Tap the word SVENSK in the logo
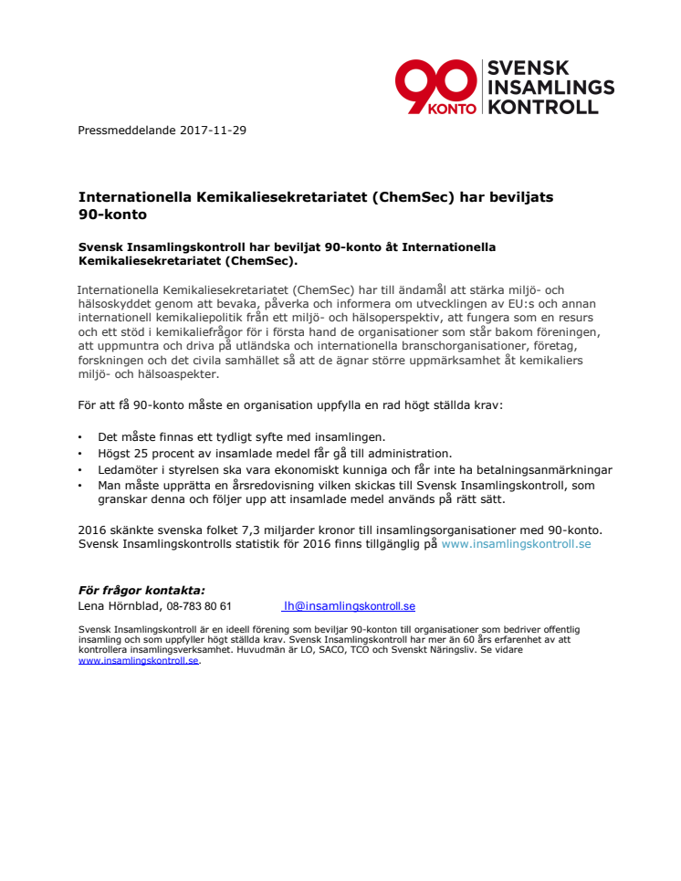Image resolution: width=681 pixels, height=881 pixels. (x=529, y=68)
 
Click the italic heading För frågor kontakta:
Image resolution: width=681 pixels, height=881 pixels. (x=141, y=591)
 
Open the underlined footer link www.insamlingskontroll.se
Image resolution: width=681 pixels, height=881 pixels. (x=138, y=660)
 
